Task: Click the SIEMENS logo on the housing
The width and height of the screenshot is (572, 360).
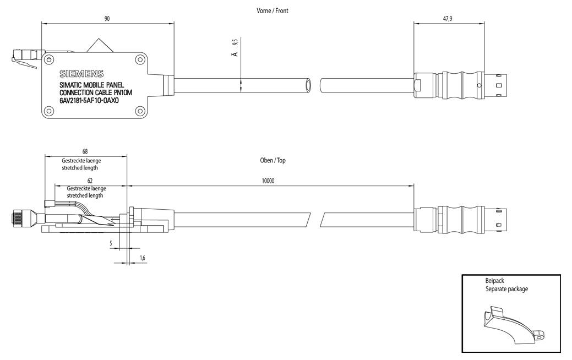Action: (x=81, y=74)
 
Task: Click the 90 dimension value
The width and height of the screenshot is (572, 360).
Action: (x=107, y=19)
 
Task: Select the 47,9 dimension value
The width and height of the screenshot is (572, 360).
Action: (x=448, y=19)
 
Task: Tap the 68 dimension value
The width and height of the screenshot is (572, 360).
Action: (x=84, y=151)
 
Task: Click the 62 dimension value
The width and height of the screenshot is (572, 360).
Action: (x=90, y=181)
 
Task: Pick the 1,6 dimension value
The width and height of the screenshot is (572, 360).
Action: (x=143, y=258)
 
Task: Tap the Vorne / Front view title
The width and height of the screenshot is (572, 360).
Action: (x=272, y=10)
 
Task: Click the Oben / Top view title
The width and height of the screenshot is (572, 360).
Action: (x=273, y=160)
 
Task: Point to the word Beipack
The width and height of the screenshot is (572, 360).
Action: (x=495, y=281)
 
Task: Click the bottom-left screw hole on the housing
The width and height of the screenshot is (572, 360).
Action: (x=49, y=112)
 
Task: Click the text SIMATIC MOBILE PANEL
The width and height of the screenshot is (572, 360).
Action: (x=92, y=85)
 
